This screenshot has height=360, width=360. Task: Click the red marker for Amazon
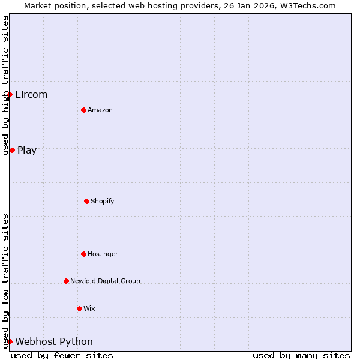(83, 110)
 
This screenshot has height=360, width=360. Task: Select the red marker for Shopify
(86, 201)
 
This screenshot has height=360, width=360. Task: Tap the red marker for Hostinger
(83, 254)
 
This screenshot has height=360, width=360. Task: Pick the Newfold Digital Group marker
(66, 281)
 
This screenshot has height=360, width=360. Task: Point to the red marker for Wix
(79, 308)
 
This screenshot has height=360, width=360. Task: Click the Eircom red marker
(10, 94)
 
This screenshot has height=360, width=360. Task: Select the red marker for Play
(12, 150)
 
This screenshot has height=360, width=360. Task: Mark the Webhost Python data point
(10, 341)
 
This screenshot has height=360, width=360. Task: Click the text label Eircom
(31, 94)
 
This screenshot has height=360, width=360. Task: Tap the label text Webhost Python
(54, 341)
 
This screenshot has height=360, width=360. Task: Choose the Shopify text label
(103, 201)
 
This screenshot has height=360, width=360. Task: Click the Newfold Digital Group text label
(105, 281)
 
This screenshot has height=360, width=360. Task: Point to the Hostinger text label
(103, 254)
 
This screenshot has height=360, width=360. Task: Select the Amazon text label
(100, 110)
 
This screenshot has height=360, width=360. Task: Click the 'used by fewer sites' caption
(62, 355)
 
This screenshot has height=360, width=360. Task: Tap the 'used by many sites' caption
(301, 355)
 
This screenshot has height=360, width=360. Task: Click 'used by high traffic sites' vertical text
(5, 85)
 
